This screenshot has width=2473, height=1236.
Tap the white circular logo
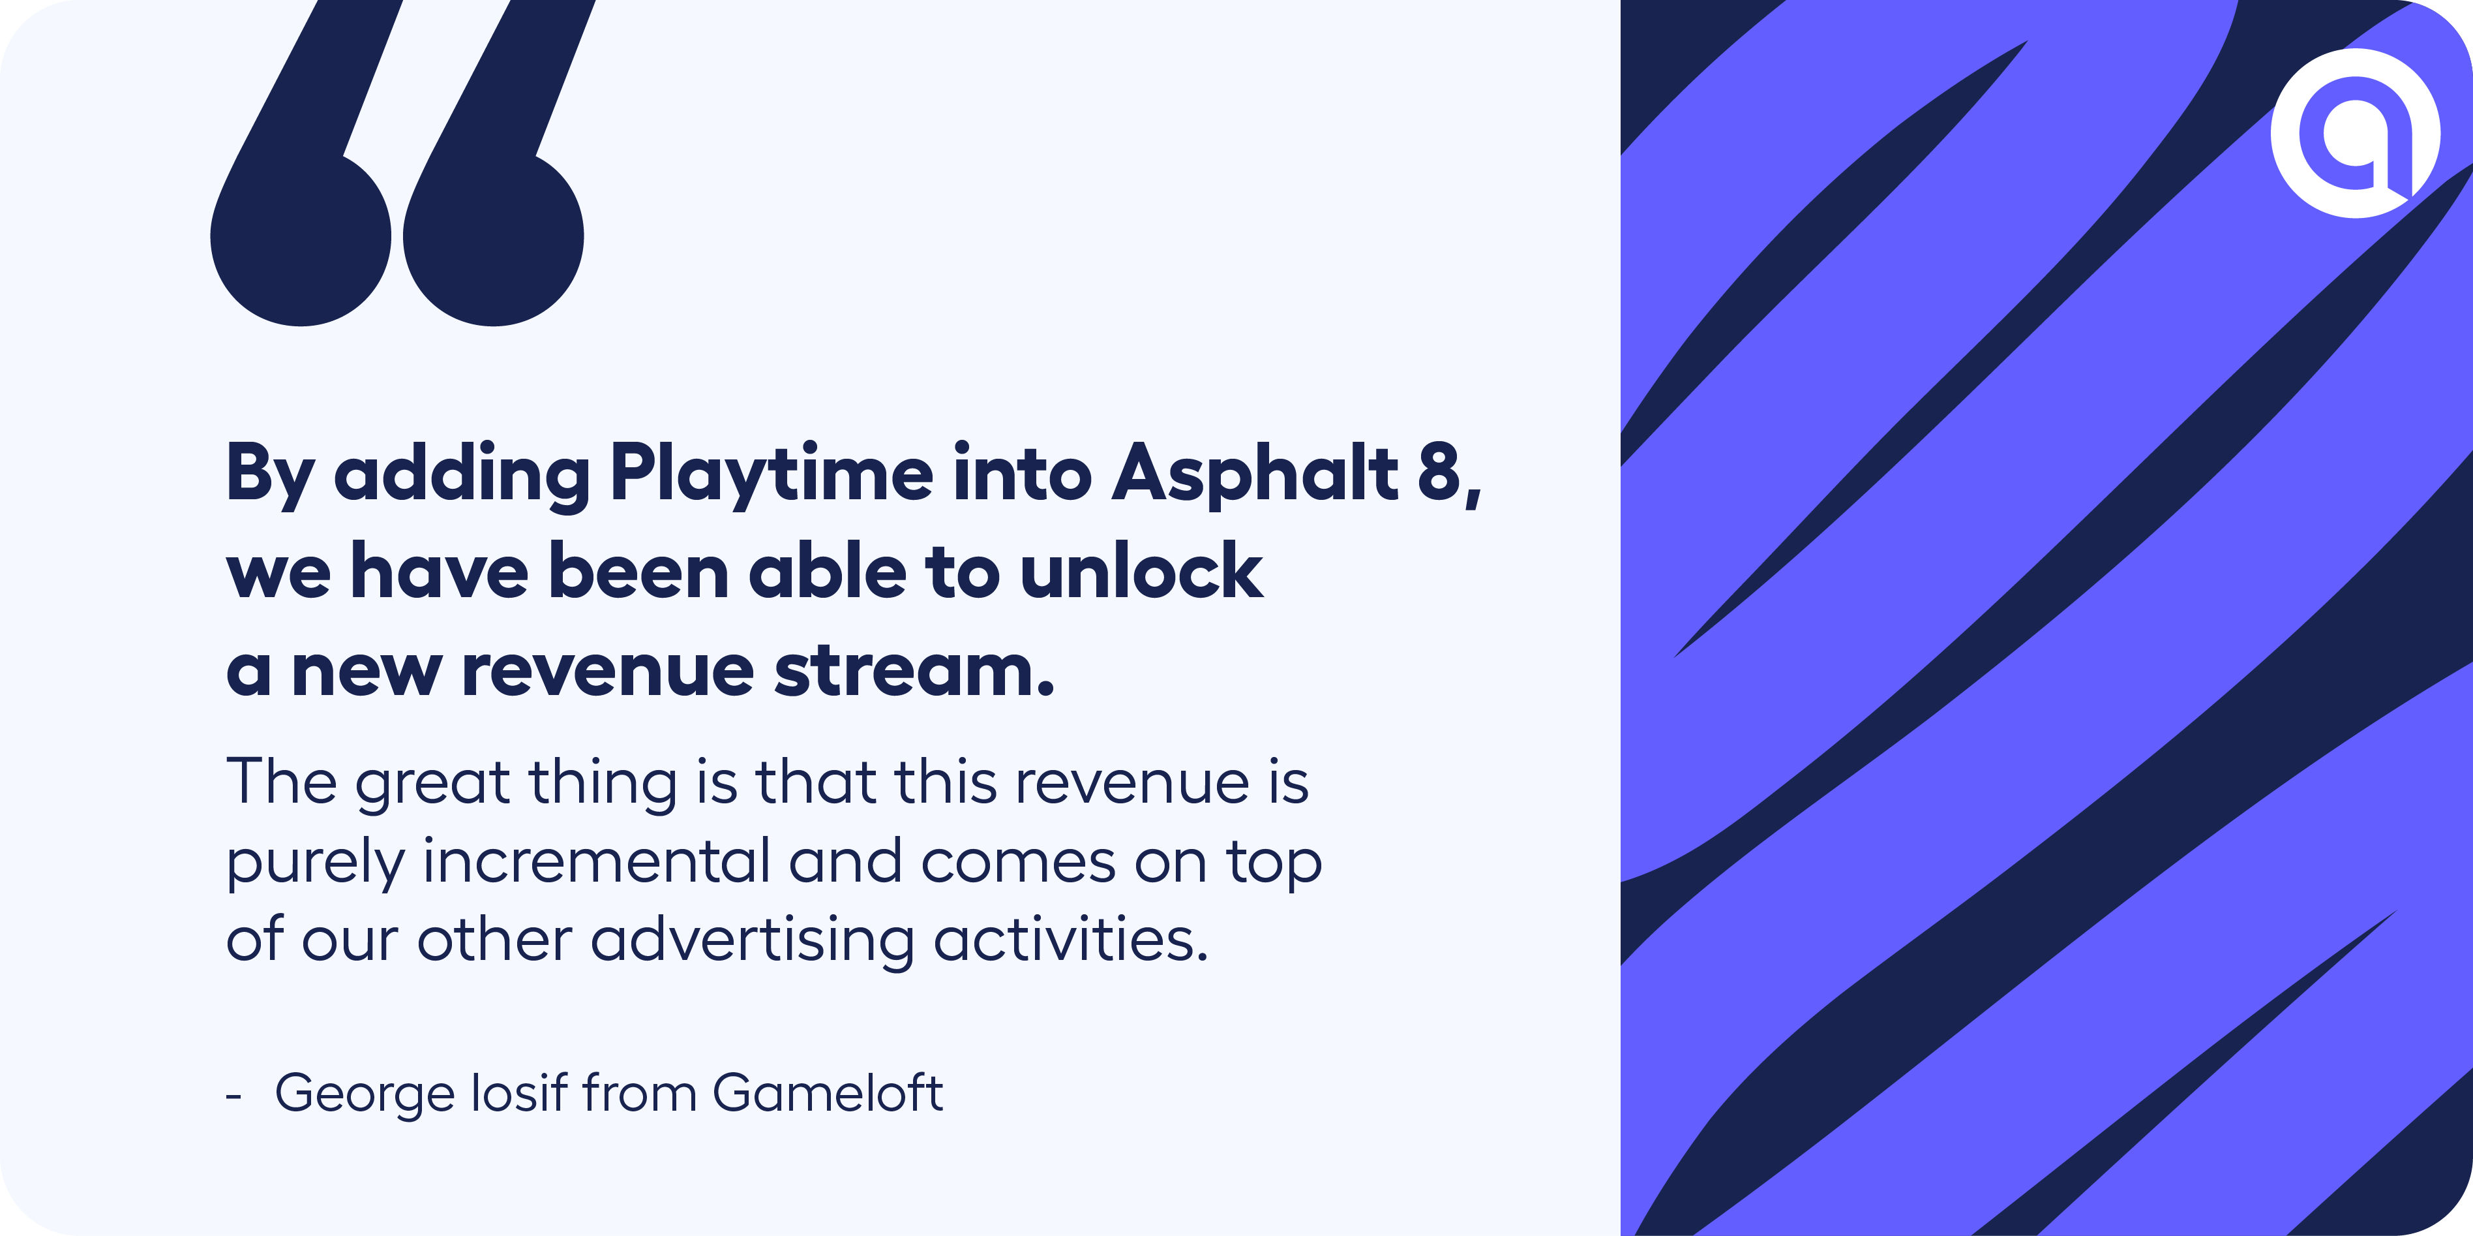(2355, 132)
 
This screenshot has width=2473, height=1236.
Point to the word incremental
(595, 861)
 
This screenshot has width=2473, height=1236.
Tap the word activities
(1070, 938)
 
